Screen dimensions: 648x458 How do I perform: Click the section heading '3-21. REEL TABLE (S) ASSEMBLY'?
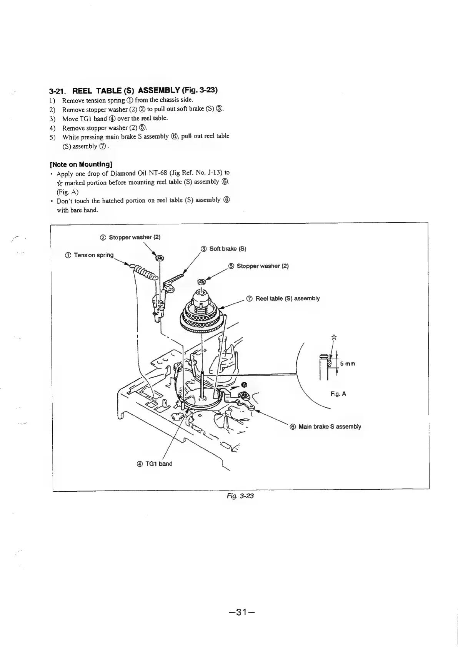(133, 91)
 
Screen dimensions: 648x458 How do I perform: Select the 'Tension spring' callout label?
(90, 255)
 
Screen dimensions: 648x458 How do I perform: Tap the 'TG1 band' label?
(155, 464)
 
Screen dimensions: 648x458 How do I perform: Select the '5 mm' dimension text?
(347, 363)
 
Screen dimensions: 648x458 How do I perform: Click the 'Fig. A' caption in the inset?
(338, 394)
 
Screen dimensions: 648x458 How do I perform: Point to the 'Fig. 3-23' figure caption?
(240, 496)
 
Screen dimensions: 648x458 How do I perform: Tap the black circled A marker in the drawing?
(244, 384)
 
